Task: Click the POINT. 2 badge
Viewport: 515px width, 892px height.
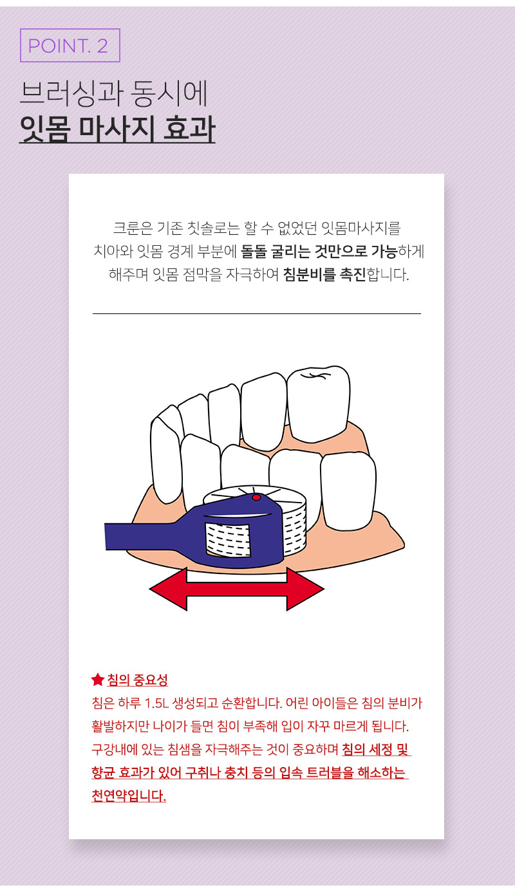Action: point(70,46)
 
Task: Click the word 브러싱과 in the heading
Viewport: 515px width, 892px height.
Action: point(71,93)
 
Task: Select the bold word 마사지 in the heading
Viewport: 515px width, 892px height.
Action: point(117,129)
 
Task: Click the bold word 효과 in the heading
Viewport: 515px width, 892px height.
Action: point(189,128)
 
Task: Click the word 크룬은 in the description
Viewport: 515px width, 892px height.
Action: point(133,228)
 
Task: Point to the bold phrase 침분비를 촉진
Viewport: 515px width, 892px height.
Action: point(324,274)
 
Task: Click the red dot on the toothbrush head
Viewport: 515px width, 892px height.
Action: point(256,497)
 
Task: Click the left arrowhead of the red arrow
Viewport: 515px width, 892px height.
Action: point(168,589)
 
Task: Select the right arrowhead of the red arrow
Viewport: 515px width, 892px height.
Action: point(305,589)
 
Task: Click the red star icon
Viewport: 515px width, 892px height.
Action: point(98,680)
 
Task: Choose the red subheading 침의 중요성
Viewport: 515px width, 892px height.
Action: point(137,680)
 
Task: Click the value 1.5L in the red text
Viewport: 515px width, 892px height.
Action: point(154,703)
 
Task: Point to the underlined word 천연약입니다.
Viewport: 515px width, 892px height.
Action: point(129,796)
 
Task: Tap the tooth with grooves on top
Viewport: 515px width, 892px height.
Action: point(318,404)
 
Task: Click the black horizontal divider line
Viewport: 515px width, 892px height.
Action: point(256,314)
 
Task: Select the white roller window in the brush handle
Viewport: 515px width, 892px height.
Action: point(229,541)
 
